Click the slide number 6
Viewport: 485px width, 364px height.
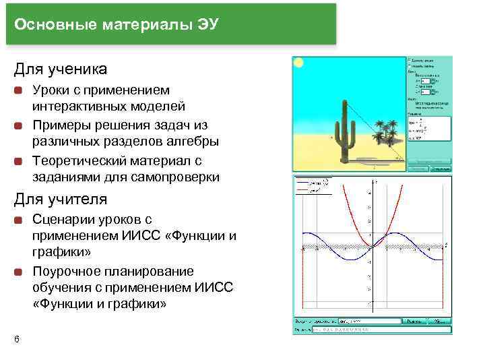16,338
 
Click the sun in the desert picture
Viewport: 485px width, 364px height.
298,63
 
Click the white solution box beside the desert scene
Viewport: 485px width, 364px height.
428,128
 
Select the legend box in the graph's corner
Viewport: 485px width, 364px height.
311,186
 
